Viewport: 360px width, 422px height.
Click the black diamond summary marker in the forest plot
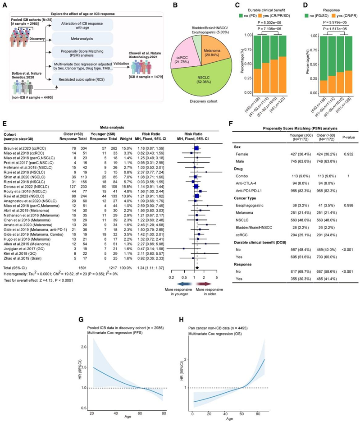pyautogui.click(x=197, y=268)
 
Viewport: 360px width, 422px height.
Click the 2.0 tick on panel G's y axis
pyautogui.click(x=84, y=347)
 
